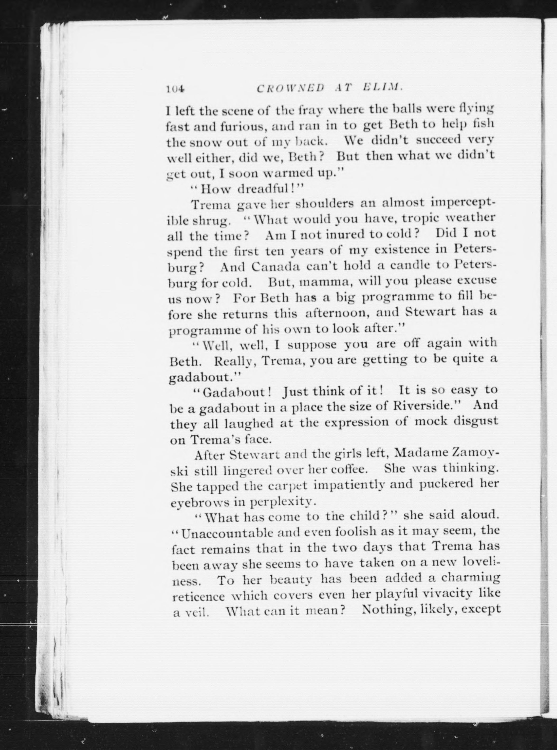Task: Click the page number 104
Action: tap(175, 89)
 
